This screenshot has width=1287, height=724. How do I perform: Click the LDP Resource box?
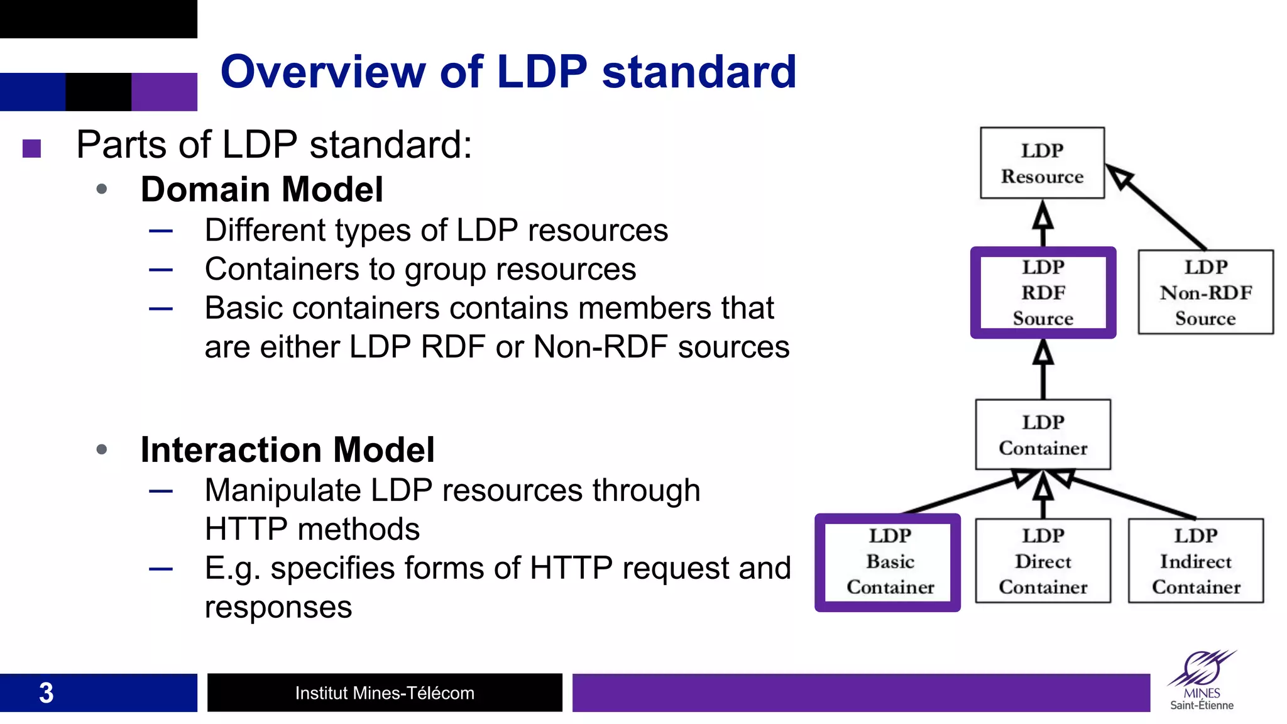tap(1042, 163)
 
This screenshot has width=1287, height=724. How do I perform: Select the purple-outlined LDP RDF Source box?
tap(1043, 293)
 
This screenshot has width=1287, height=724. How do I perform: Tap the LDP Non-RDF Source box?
tap(1205, 293)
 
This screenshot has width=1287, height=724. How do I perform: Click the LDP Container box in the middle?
tap(1043, 435)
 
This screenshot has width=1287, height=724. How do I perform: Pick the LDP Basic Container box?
tap(888, 562)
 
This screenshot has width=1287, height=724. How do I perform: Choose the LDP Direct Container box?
tap(1043, 561)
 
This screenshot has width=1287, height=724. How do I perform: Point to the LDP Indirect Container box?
tap(1195, 561)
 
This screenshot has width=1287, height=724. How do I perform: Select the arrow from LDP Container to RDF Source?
tap(1043, 371)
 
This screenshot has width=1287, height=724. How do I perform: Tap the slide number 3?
tap(46, 693)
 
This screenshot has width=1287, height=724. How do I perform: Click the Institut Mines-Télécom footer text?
tap(385, 693)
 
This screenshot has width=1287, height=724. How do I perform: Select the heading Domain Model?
tap(261, 189)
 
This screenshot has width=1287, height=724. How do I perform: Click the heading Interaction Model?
tap(287, 449)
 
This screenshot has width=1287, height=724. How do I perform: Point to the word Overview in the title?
tap(322, 72)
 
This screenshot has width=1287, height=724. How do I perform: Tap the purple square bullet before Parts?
tap(31, 148)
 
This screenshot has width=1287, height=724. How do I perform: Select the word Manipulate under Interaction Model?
tap(283, 490)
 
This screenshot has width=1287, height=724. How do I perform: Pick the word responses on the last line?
tap(278, 607)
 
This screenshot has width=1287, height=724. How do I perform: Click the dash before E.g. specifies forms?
tap(161, 569)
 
